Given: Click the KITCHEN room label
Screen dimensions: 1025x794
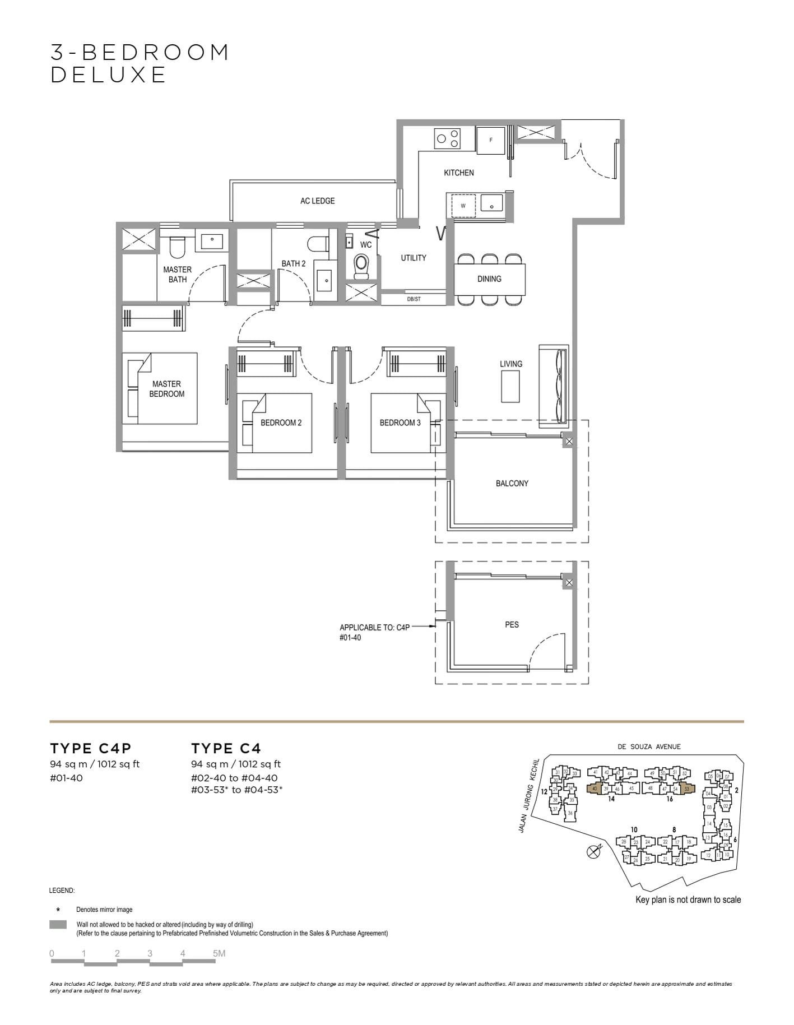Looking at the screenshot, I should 458,173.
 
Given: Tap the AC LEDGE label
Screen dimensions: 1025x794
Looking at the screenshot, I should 317,201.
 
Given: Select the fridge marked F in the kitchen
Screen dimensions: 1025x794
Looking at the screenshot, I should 491,140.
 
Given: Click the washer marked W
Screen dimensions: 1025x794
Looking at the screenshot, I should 463,206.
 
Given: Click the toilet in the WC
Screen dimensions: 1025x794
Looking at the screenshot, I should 362,266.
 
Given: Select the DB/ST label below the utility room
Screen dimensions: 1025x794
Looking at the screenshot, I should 414,299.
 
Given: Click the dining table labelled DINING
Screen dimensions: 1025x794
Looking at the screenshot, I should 489,279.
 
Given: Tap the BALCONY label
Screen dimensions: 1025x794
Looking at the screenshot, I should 512,483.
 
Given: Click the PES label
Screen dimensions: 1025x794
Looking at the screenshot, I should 512,624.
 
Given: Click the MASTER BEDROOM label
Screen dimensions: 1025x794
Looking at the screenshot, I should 166,388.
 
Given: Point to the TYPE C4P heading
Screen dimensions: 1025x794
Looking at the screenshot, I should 90,748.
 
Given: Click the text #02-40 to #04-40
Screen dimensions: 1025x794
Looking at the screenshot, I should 234,778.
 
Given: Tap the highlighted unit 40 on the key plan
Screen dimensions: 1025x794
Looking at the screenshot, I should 594,789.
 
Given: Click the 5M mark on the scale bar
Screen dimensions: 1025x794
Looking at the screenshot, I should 219,953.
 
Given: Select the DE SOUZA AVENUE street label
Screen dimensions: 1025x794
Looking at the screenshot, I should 649,746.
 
